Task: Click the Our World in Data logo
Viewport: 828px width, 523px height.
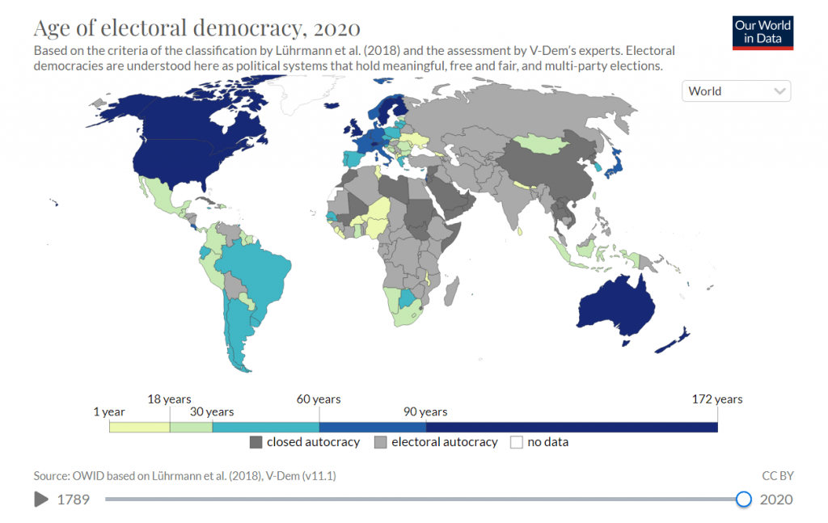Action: [763, 32]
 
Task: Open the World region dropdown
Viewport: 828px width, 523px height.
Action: [736, 91]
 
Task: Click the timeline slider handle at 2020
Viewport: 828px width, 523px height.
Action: [744, 500]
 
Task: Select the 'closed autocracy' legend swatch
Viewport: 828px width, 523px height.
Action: [256, 442]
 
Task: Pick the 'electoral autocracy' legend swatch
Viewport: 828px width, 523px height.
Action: [380, 442]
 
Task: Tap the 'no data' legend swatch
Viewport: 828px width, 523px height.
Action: [515, 442]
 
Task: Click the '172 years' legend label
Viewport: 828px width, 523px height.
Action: [716, 399]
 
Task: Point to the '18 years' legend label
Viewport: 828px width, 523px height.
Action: [169, 399]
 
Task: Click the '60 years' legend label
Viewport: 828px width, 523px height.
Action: [319, 399]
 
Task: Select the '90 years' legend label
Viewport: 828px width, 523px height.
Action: [425, 412]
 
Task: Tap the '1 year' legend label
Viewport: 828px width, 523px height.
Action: [108, 412]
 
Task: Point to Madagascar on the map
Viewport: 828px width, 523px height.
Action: [453, 287]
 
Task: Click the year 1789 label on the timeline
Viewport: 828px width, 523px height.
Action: [73, 500]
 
